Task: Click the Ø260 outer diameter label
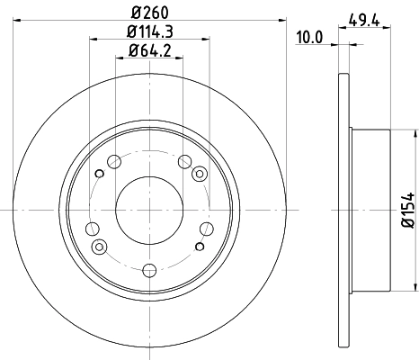150,12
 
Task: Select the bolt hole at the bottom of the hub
149,268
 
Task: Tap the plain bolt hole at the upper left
113,162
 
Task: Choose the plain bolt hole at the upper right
185,162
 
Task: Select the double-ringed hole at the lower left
100,246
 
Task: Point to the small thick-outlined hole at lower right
199,245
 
